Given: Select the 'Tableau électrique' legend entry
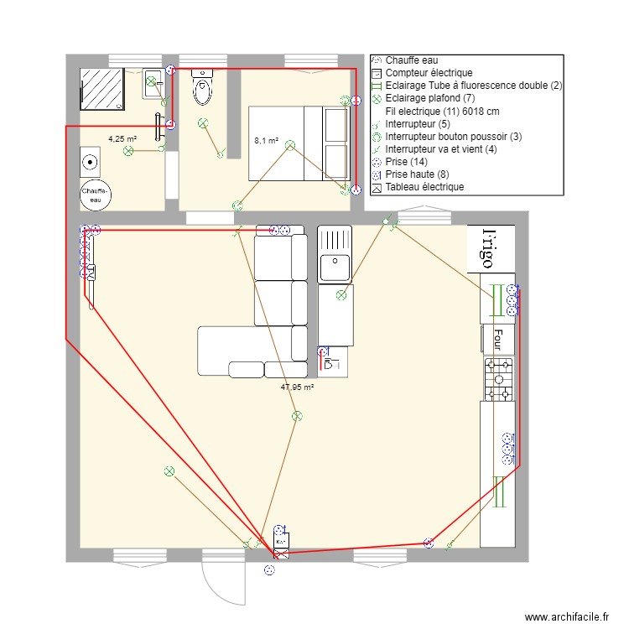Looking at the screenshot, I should pyautogui.click(x=424, y=187).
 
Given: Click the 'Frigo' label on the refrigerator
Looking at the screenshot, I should pyautogui.click(x=480, y=248).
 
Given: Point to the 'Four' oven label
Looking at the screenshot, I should pyautogui.click(x=496, y=339).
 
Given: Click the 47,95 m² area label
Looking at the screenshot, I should pyautogui.click(x=296, y=387).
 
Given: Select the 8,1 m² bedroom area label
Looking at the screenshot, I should pyautogui.click(x=266, y=141).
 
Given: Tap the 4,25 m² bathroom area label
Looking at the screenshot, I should pyautogui.click(x=122, y=139).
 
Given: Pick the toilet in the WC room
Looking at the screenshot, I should pyautogui.click(x=202, y=88).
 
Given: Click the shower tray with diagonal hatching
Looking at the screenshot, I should pyautogui.click(x=102, y=90).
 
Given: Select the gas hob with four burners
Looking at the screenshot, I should pyautogui.click(x=498, y=379).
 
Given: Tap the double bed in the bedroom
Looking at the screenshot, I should pyautogui.click(x=299, y=143).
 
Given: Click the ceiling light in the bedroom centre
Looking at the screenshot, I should pyautogui.click(x=289, y=145).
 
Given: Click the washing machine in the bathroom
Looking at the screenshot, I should pyautogui.click(x=90, y=160).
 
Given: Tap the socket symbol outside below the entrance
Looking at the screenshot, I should pyautogui.click(x=268, y=571).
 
